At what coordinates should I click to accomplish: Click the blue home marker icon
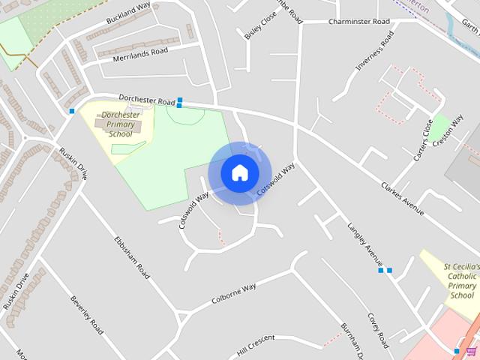(240, 173)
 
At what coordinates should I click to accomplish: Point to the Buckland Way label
(128, 11)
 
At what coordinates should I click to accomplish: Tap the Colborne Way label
(233, 292)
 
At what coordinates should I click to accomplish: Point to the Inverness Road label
(374, 51)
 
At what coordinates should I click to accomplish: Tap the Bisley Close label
(260, 25)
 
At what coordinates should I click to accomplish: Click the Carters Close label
(424, 140)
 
